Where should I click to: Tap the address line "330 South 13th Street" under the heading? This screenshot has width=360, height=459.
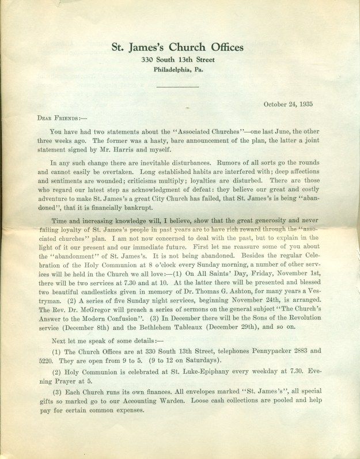(x=179, y=60)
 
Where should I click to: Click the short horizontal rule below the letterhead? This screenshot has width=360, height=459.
(x=179, y=87)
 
